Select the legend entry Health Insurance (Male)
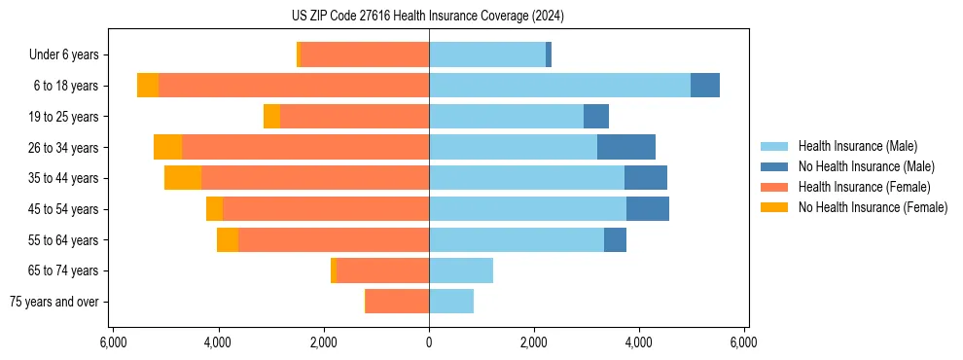tap(856, 146)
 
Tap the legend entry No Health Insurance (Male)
tap(866, 166)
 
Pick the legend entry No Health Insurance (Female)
tap(873, 207)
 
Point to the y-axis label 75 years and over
tap(54, 302)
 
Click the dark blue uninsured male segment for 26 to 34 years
tap(626, 147)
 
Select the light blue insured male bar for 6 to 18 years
tap(559, 86)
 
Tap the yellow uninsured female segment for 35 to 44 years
tap(183, 178)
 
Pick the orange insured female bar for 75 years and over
tap(398, 302)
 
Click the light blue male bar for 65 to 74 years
tap(461, 270)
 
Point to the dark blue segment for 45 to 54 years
tap(648, 209)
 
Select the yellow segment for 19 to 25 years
tap(271, 117)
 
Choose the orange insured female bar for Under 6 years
tap(365, 55)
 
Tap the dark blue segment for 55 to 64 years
tap(615, 239)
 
